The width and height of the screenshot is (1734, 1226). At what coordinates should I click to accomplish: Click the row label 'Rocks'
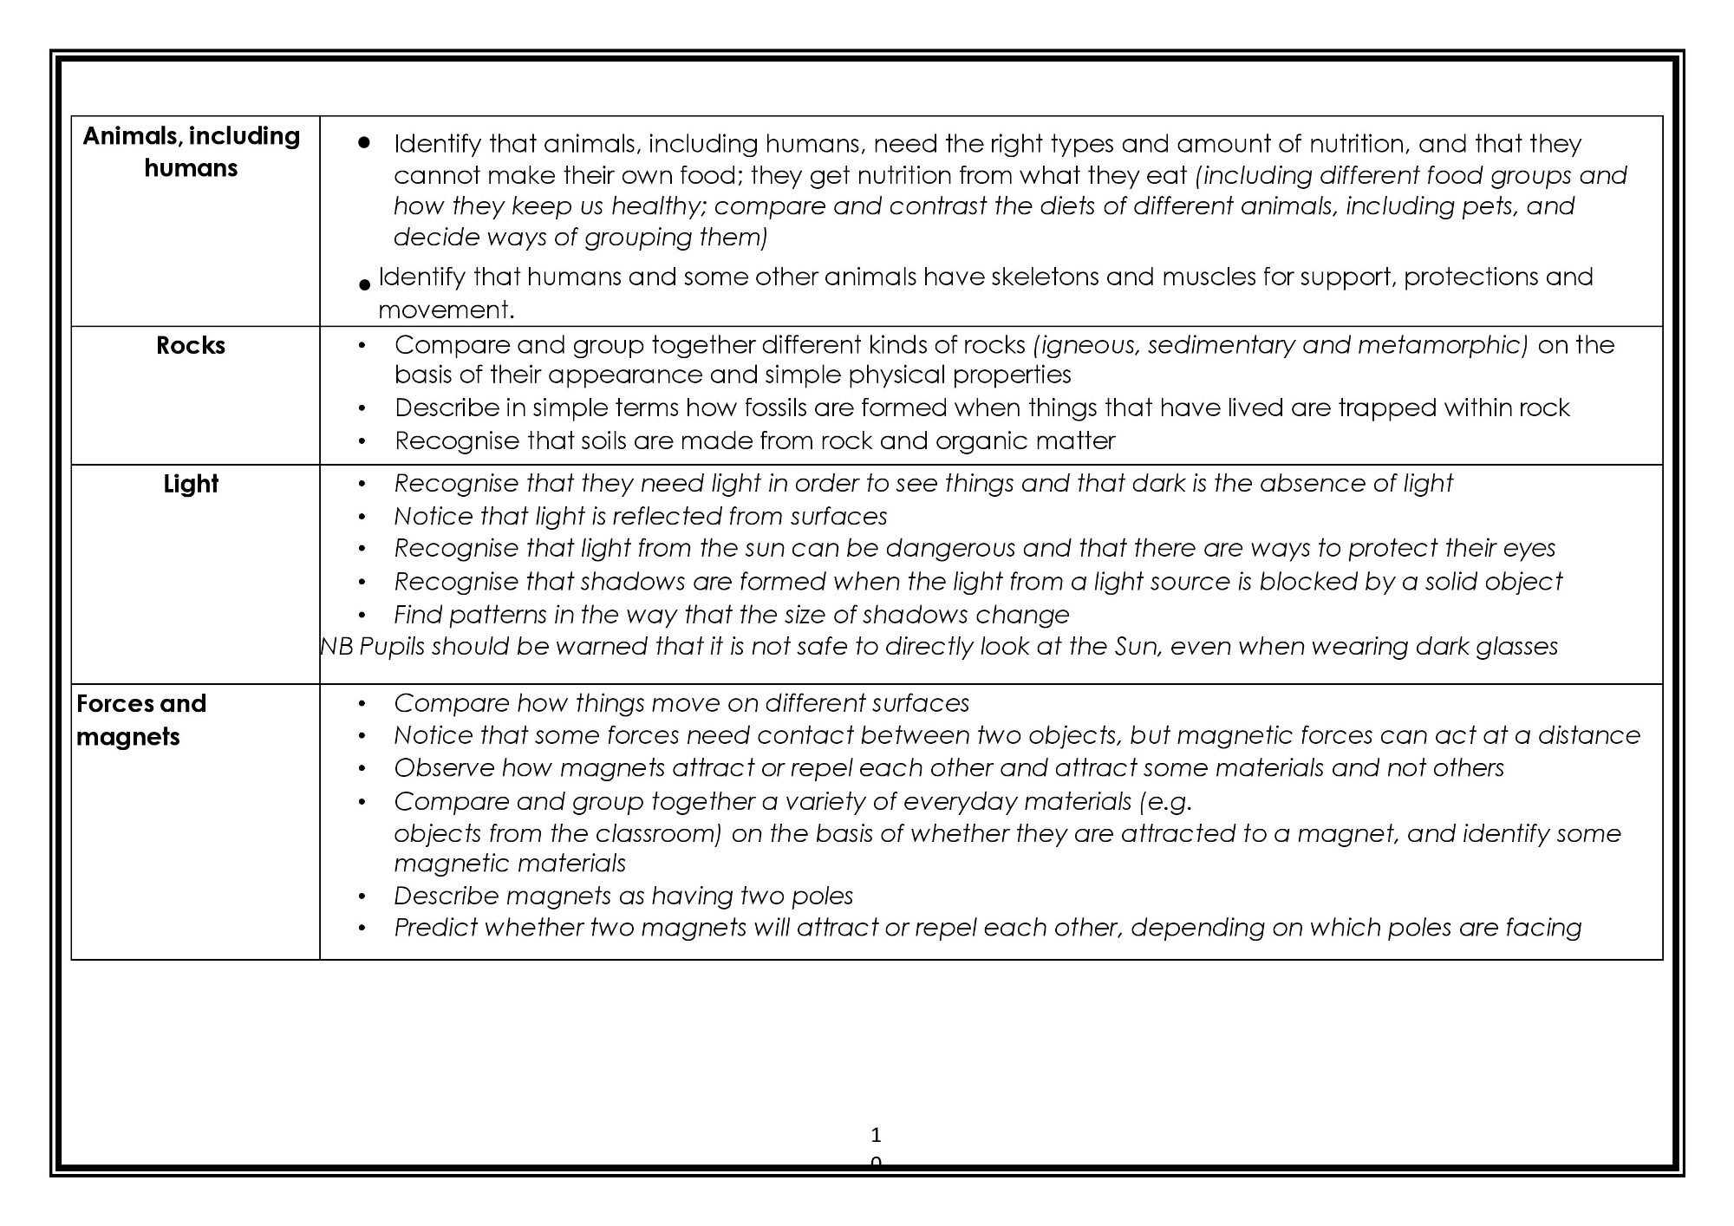(191, 345)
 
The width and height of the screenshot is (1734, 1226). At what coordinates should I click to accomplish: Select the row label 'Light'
(191, 484)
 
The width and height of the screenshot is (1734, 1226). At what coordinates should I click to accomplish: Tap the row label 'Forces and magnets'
(141, 720)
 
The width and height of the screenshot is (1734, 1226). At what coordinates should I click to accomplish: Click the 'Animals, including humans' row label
(191, 152)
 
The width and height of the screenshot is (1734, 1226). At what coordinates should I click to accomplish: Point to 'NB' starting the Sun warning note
(336, 647)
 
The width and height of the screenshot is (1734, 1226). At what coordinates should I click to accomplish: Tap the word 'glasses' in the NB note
(1515, 647)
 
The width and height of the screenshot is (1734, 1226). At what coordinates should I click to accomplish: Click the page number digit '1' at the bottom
(876, 1135)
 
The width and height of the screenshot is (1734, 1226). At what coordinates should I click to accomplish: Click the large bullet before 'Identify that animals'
(364, 142)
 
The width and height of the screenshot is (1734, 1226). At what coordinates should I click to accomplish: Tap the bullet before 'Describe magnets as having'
(362, 897)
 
